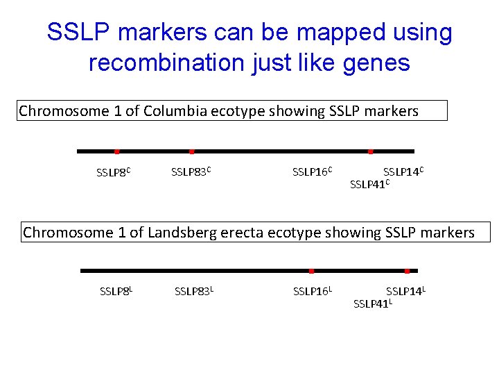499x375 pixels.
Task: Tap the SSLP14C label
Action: click(x=403, y=171)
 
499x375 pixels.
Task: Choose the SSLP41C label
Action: click(x=370, y=184)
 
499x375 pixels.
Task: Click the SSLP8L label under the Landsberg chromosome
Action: click(x=116, y=290)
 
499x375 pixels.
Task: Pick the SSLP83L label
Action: click(x=194, y=290)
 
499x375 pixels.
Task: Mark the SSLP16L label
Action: click(x=313, y=290)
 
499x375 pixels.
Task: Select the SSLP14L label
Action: click(x=405, y=290)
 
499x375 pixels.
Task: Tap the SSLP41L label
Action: click(x=373, y=303)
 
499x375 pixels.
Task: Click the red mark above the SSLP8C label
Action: click(x=116, y=151)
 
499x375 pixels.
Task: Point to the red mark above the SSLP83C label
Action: click(x=191, y=151)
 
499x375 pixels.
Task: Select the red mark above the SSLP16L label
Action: click(x=311, y=270)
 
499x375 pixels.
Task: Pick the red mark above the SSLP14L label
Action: click(x=407, y=270)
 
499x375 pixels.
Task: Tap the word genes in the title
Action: click(x=378, y=63)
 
